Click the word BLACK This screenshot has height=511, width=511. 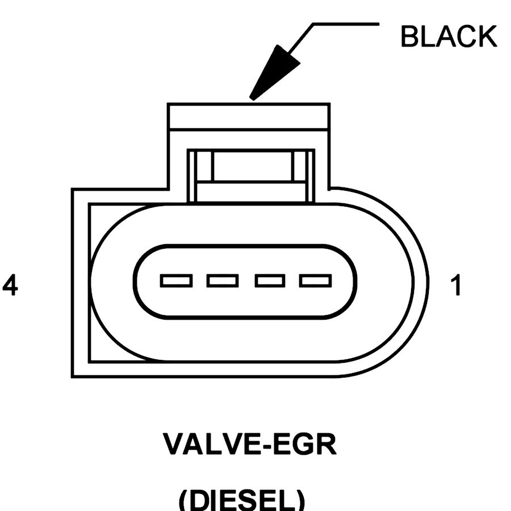point(448,37)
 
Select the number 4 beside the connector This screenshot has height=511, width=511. point(10,286)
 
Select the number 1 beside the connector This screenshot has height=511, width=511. point(455,286)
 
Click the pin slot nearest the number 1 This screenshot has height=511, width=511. point(316,280)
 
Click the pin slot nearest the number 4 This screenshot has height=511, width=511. point(176,280)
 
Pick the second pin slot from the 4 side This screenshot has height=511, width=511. point(223,280)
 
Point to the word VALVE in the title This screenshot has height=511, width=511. point(211,445)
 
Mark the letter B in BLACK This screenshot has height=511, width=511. point(411,37)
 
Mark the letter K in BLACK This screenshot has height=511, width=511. point(487,37)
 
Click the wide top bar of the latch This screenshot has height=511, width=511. point(249,116)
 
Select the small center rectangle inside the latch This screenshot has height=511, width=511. point(252,166)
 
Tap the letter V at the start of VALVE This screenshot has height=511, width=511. point(174,445)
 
